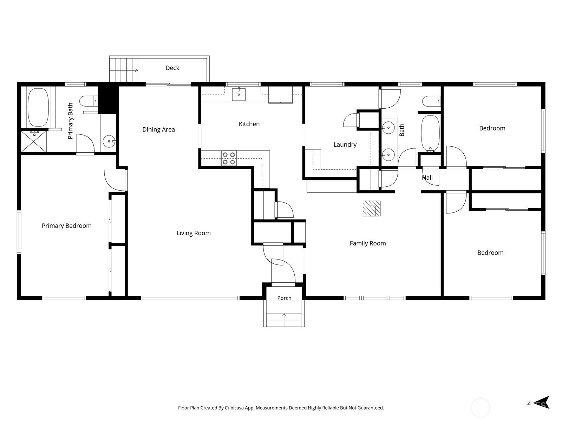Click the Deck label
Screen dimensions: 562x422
click(x=172, y=68)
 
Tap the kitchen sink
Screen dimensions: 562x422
click(x=238, y=94)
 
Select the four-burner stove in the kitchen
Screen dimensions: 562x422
click(x=229, y=158)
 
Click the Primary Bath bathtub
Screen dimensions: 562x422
click(x=38, y=107)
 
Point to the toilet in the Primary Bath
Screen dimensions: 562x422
click(x=89, y=101)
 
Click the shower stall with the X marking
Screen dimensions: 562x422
click(x=33, y=142)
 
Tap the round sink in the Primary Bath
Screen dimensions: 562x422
click(x=110, y=141)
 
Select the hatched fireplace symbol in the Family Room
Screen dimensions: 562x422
click(x=372, y=209)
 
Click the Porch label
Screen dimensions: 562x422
click(x=284, y=298)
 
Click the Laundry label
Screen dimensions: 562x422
click(x=345, y=145)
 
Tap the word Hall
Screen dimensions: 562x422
click(x=427, y=178)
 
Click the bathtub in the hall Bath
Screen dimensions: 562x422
click(x=430, y=134)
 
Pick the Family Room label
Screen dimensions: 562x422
click(x=368, y=243)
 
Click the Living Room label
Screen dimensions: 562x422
click(x=194, y=233)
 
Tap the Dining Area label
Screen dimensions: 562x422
click(x=158, y=130)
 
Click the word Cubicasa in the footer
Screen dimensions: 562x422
click(x=234, y=408)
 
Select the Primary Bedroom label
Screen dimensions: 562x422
click(x=67, y=226)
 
